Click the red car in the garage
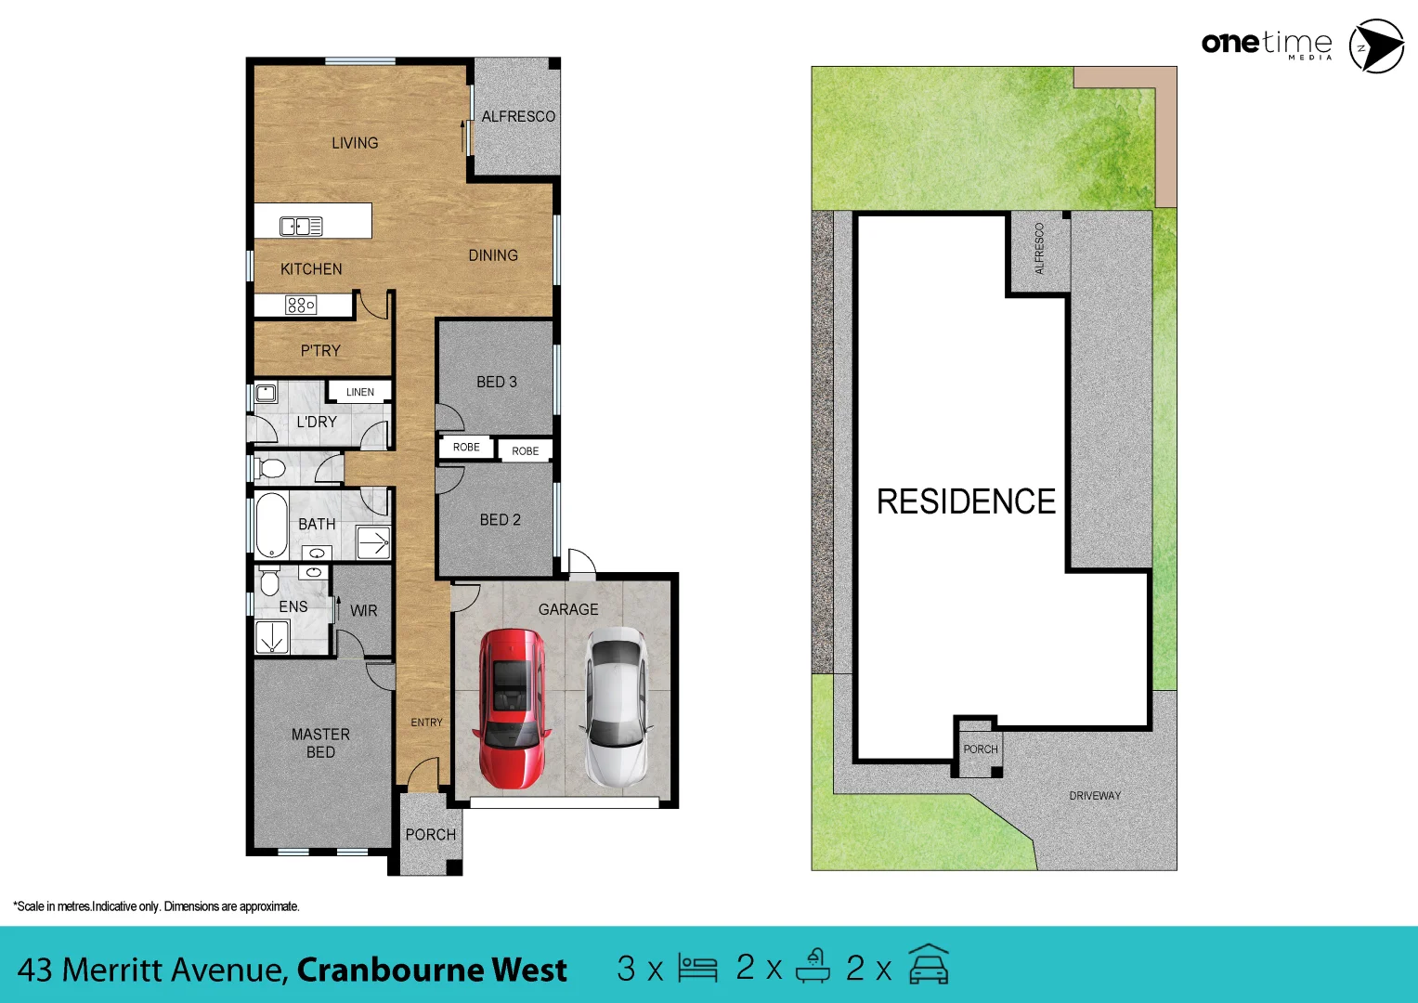tap(510, 709)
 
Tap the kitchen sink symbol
tap(301, 226)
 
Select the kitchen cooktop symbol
tap(301, 305)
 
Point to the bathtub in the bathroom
tap(271, 526)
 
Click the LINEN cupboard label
tap(360, 392)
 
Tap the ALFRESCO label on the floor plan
tap(518, 117)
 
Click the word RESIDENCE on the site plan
tap(966, 501)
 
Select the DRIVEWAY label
tap(1095, 796)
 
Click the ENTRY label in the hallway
tap(427, 723)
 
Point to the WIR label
tap(364, 611)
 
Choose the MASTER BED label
tap(320, 743)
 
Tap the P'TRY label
tap(320, 351)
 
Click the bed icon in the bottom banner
tap(697, 968)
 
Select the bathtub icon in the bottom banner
tap(813, 966)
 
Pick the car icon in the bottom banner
tap(929, 966)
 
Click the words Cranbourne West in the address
tap(432, 970)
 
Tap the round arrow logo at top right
tap(1376, 46)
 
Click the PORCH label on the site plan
tap(981, 749)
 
